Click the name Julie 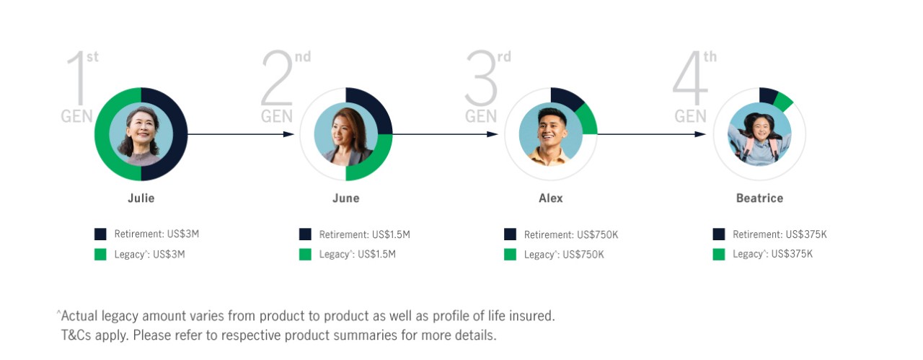141,198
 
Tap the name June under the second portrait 345,198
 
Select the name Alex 550,198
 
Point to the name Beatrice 759,198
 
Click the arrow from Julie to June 241,134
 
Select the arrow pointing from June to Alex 445,134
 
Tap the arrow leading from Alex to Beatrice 651,134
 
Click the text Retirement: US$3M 156,234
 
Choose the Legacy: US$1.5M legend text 357,254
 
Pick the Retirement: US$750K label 571,234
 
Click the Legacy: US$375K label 772,254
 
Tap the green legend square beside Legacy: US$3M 100,254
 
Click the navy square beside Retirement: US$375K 719,234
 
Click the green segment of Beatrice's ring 783,102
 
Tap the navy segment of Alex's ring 566,97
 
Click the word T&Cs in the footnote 76,335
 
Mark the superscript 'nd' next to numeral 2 303,56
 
